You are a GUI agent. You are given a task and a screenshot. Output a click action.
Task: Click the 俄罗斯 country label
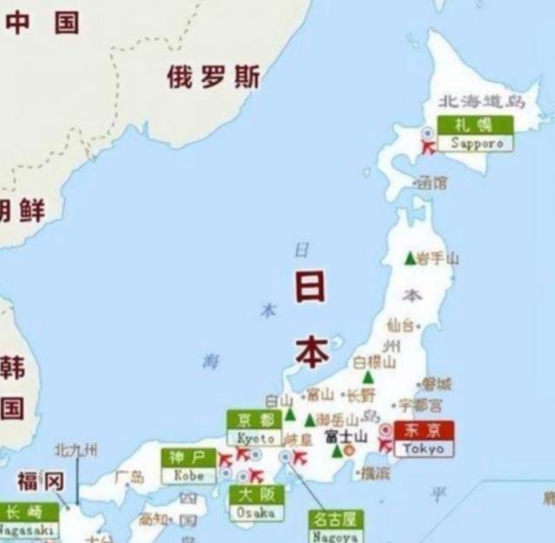tap(213, 78)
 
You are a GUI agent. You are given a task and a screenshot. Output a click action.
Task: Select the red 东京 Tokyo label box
tap(423, 439)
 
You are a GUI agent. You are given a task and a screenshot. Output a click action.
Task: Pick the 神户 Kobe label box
tap(188, 466)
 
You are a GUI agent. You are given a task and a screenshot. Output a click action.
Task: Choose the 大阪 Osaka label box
tap(257, 503)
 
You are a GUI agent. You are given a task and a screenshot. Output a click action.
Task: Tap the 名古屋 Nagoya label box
tap(336, 527)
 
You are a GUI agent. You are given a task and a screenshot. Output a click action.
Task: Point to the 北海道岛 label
tap(481, 102)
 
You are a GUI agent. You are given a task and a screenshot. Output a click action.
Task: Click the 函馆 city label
tap(433, 183)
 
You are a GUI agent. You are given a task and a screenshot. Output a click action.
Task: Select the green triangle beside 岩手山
tap(410, 258)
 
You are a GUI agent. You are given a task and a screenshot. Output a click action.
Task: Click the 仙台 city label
tap(402, 325)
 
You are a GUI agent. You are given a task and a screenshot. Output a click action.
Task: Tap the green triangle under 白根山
tap(369, 378)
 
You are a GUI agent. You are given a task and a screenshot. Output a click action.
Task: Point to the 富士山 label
tap(346, 436)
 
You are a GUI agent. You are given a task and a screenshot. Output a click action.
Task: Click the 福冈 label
tap(41, 482)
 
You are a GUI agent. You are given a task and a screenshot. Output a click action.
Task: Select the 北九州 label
tap(76, 449)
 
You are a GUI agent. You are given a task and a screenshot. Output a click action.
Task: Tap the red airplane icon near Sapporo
tap(428, 148)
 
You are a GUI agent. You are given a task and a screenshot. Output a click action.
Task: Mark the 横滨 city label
tap(375, 473)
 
